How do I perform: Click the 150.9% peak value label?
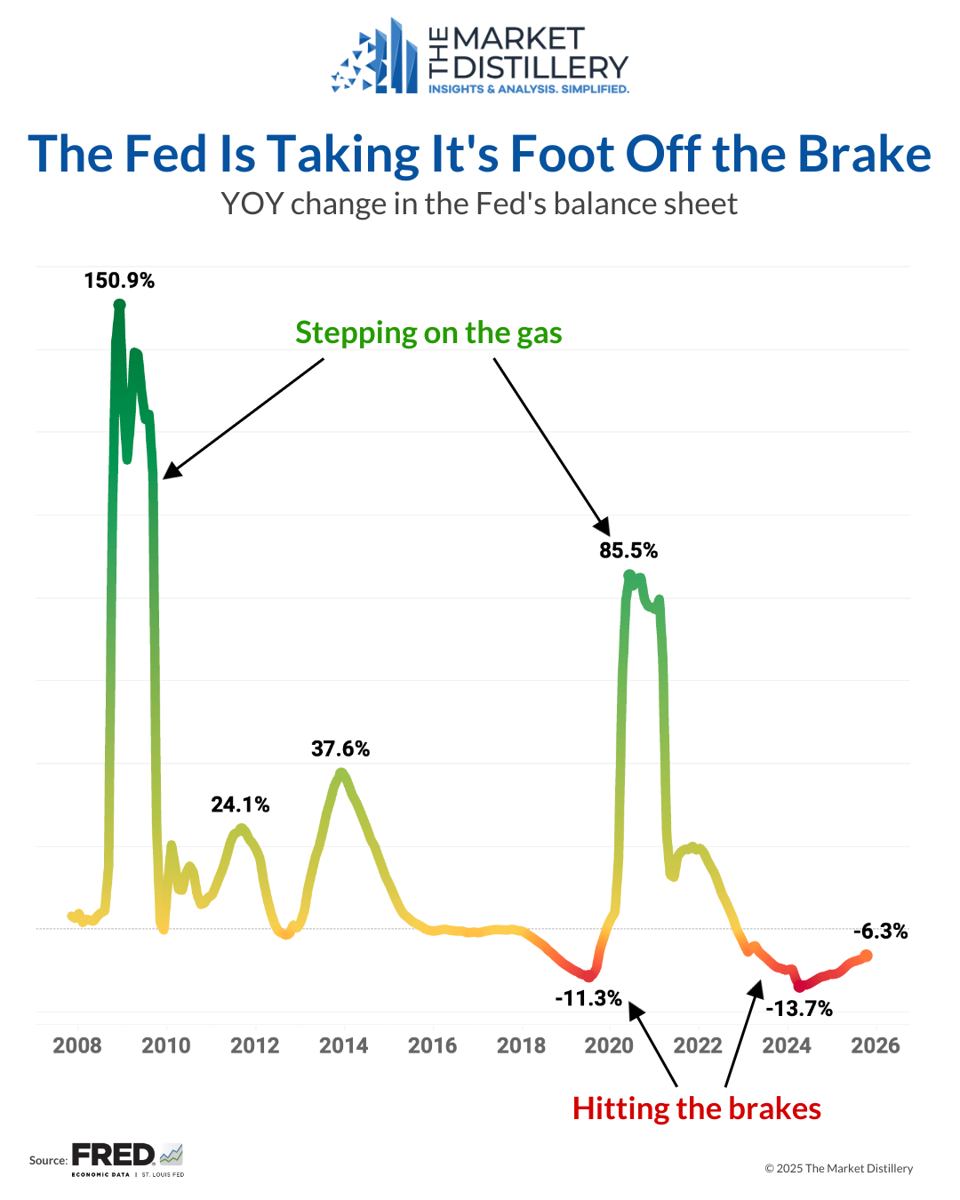click(119, 281)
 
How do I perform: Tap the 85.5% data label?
click(628, 551)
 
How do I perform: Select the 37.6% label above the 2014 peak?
click(340, 749)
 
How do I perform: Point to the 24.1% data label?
click(240, 805)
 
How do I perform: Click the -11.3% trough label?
click(588, 998)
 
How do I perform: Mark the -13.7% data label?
click(799, 1009)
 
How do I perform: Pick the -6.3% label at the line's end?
click(880, 932)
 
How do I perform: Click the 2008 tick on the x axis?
click(77, 1045)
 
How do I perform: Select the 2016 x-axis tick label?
click(432, 1045)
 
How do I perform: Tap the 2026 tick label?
click(876, 1045)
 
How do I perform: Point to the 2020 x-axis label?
click(609, 1045)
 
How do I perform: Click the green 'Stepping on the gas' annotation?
click(428, 333)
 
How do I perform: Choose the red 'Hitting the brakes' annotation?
click(697, 1109)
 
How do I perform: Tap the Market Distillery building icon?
click(375, 59)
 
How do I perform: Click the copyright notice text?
click(838, 1169)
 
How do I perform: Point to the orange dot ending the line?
click(867, 956)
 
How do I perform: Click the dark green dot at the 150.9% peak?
click(119, 305)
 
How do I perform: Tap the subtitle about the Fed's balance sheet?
click(479, 204)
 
